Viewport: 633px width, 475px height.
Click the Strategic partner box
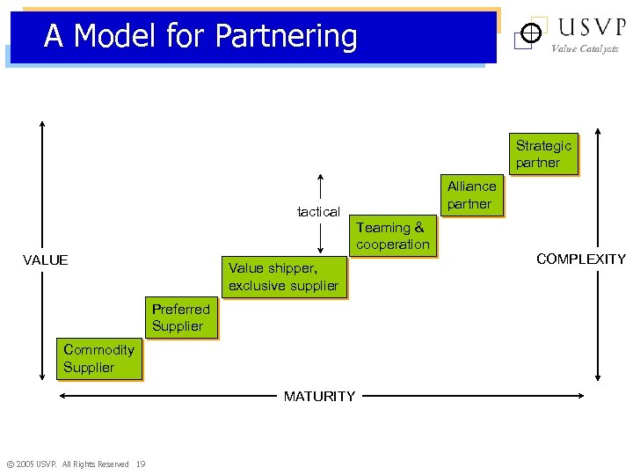tap(543, 154)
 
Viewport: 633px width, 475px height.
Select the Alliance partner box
tap(471, 195)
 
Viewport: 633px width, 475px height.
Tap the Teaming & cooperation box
tap(393, 236)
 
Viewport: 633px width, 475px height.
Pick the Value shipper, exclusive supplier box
tap(283, 276)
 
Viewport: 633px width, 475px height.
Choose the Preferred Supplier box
tap(181, 318)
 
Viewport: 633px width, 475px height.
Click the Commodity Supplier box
tap(98, 358)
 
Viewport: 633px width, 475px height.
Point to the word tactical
tap(318, 211)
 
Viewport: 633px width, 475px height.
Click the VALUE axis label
tap(46, 259)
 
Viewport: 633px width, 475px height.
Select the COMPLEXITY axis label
tap(581, 259)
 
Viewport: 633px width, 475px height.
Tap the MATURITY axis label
tap(319, 396)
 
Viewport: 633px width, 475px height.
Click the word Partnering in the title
tap(286, 36)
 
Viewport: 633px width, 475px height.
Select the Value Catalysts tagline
tap(585, 49)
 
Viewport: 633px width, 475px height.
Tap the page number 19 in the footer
tap(141, 464)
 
